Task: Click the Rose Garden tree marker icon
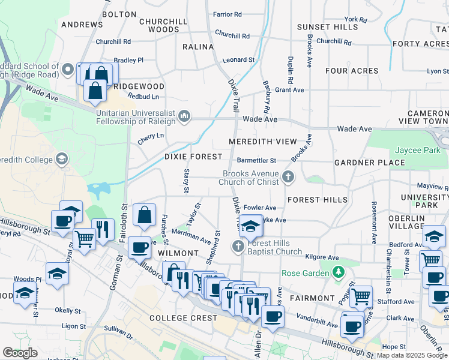(339, 273)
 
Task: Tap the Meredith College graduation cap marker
(61, 159)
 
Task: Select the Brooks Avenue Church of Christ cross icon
(288, 176)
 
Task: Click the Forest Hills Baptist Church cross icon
(238, 246)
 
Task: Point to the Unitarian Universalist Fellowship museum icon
(184, 116)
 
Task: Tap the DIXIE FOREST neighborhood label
(189, 156)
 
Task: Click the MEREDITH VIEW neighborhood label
(263, 142)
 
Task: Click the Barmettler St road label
(256, 160)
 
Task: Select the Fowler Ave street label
(260, 208)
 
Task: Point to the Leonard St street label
(238, 60)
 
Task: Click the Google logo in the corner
(20, 353)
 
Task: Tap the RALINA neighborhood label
(199, 47)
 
